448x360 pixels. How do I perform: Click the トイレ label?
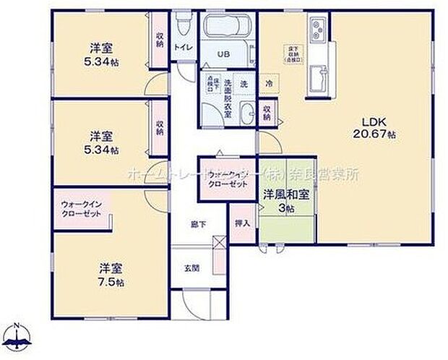(184, 48)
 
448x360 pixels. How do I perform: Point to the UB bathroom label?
(225, 53)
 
